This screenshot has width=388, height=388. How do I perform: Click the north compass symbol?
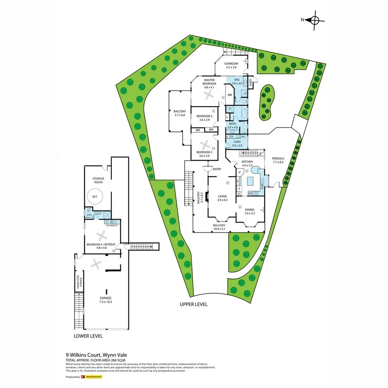[314, 20]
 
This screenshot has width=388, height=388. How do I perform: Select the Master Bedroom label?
[209, 83]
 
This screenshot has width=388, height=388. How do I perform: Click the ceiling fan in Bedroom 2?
[205, 144]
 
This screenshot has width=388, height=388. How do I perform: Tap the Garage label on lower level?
[105, 300]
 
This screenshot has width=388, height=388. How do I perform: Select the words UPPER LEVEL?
[194, 304]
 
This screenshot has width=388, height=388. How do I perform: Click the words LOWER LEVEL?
[88, 336]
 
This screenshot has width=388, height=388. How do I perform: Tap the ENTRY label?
[217, 169]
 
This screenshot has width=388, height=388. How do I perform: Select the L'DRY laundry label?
[237, 144]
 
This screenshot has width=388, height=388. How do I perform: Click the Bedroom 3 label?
[204, 118]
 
